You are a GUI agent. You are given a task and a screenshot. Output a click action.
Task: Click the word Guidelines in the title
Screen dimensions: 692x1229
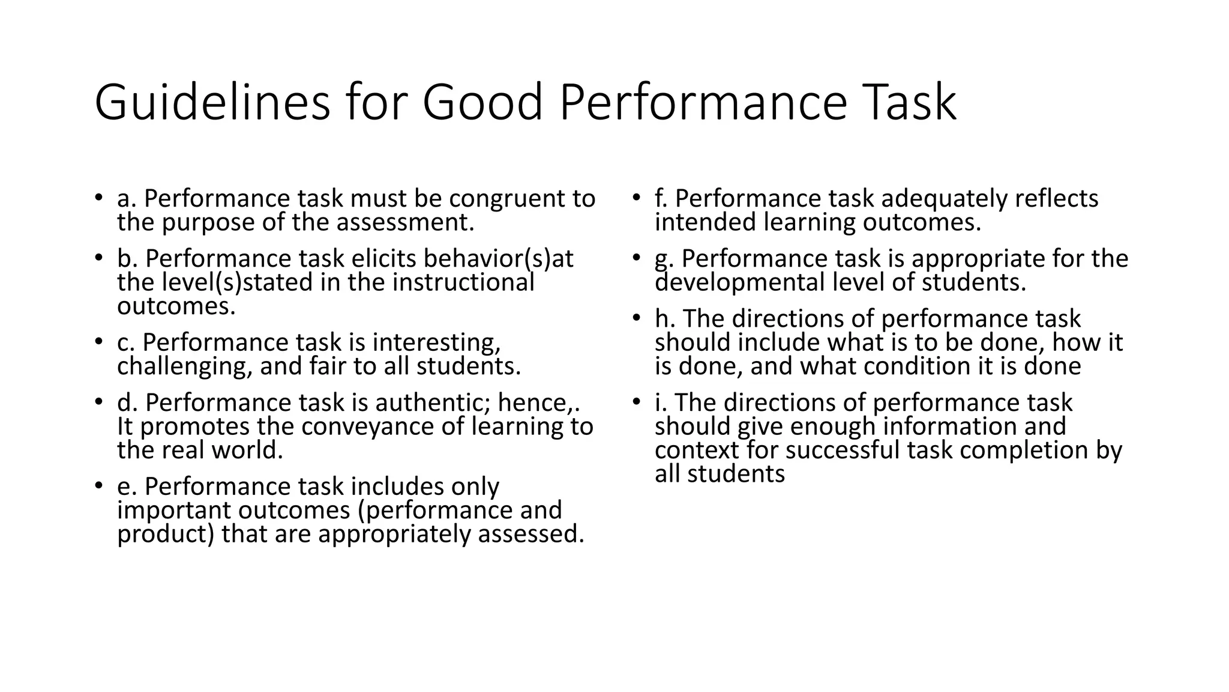coord(212,103)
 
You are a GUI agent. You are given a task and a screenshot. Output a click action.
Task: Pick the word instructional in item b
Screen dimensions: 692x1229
coord(463,282)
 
